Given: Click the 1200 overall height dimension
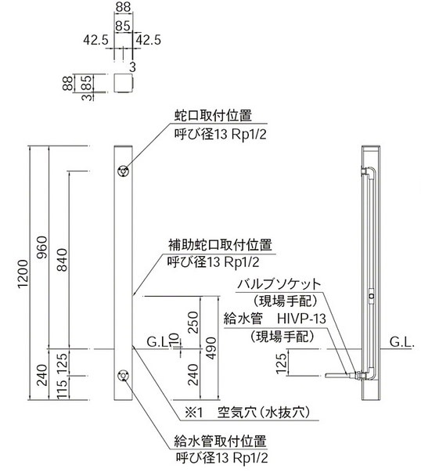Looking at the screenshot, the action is click(23, 274).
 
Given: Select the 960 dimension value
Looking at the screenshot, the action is click(42, 247).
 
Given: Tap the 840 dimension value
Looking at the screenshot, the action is click(63, 260).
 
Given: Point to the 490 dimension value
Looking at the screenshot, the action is click(212, 348).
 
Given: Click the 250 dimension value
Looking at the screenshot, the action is click(193, 323).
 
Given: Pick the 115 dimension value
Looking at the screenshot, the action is click(63, 389).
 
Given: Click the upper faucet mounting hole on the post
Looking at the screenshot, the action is click(123, 171).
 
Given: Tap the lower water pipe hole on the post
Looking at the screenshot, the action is click(123, 376).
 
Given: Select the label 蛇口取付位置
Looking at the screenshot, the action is click(213, 116).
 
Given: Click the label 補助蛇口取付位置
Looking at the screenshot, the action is click(220, 245).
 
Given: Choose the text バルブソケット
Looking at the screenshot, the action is click(279, 284).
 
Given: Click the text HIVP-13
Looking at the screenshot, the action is click(301, 319).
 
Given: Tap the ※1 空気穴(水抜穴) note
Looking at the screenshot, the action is click(249, 413).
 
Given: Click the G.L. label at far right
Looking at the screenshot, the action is click(402, 342).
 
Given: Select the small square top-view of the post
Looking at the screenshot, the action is click(124, 82).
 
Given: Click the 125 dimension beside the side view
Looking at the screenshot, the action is click(282, 363).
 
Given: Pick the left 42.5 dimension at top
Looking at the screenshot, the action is click(96, 40).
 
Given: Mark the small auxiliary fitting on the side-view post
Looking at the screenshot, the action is click(372, 296).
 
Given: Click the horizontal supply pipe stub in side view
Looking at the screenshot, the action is click(336, 376).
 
